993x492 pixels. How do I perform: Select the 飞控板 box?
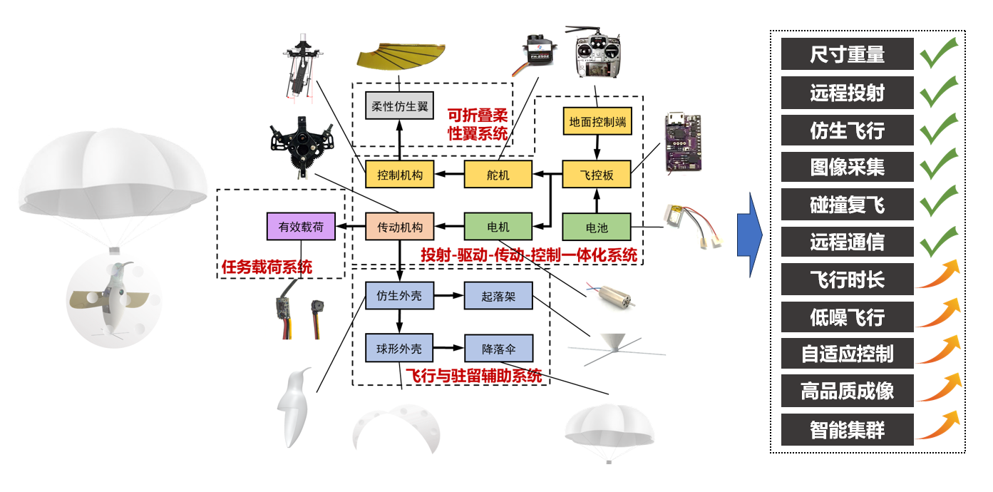[x=597, y=174]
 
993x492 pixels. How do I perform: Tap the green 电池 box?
[x=597, y=227]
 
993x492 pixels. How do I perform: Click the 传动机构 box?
[x=399, y=227]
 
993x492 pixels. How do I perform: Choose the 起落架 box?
[x=499, y=295]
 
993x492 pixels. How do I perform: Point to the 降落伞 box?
[x=499, y=349]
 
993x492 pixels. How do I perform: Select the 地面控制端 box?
[x=597, y=121]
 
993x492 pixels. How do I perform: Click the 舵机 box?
[x=499, y=174]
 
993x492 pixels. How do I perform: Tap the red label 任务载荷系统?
[x=267, y=267]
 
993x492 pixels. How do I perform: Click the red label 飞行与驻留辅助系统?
[x=473, y=375]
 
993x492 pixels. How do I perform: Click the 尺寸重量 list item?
[x=847, y=54]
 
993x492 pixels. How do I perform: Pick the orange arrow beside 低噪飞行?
[x=937, y=314]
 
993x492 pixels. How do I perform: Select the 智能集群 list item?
[x=847, y=430]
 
